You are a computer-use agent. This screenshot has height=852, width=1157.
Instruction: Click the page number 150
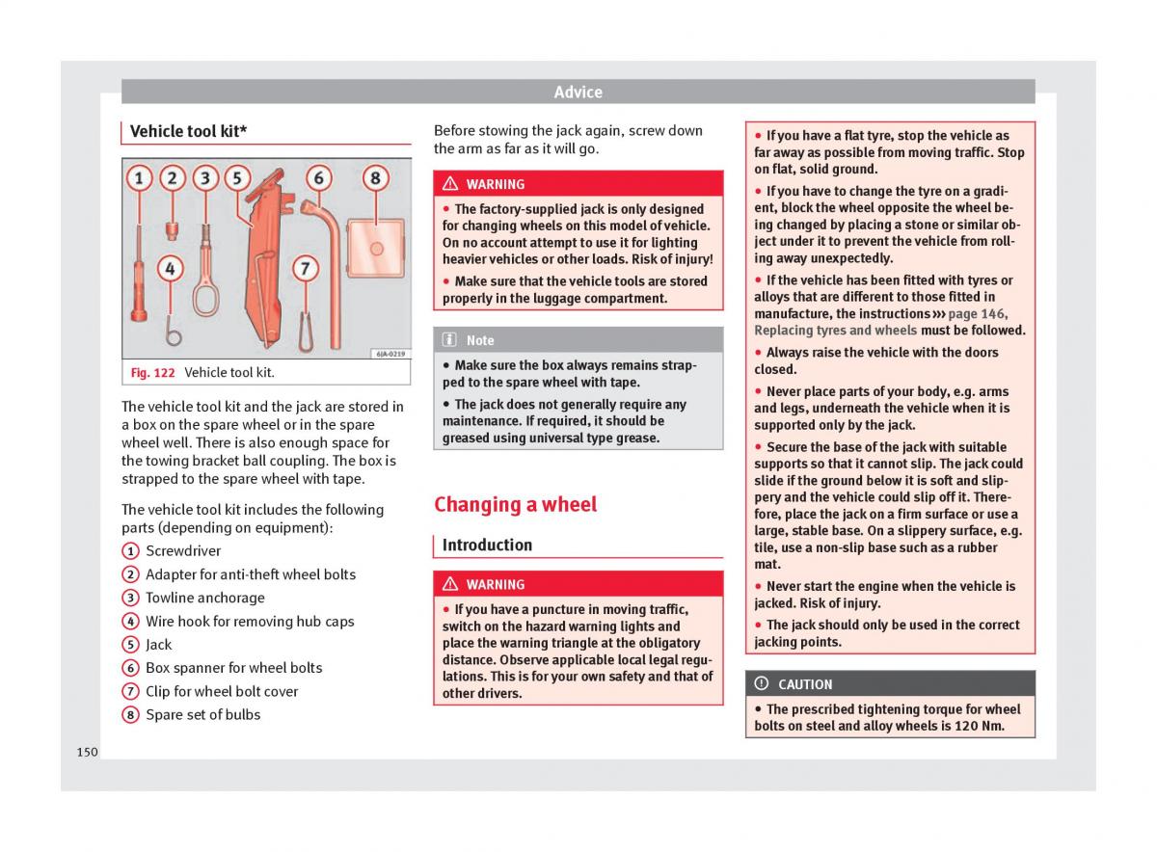click(87, 752)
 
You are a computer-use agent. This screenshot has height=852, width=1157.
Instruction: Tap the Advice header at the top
click(578, 93)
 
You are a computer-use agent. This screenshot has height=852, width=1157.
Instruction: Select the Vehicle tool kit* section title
click(188, 131)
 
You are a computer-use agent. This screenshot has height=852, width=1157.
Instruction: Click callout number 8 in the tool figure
click(375, 178)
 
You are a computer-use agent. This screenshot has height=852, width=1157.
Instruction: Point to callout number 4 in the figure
click(170, 268)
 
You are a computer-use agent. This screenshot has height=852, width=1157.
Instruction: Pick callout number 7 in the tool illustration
click(305, 268)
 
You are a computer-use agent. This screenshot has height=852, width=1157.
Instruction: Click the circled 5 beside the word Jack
click(130, 645)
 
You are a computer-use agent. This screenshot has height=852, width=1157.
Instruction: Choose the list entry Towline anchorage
click(204, 598)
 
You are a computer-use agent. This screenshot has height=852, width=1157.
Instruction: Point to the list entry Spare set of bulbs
click(202, 714)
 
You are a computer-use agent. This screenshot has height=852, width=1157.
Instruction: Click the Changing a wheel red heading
click(515, 504)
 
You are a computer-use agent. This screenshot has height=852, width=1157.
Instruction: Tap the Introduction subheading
click(487, 546)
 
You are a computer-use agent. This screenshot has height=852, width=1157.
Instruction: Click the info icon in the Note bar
click(450, 340)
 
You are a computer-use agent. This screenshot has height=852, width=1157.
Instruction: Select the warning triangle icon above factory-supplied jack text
click(450, 184)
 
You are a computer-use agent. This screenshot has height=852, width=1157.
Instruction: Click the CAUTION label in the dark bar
click(805, 684)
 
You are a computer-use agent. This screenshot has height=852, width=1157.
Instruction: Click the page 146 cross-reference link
click(977, 314)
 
